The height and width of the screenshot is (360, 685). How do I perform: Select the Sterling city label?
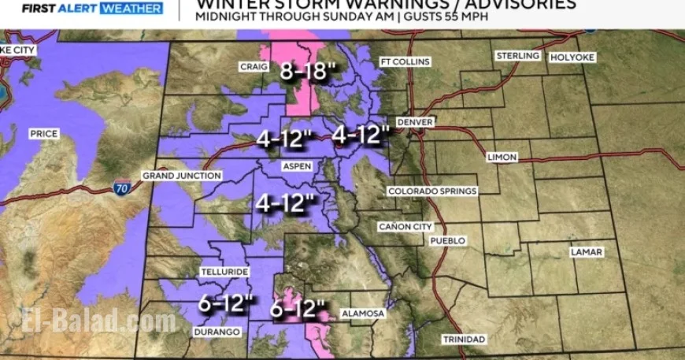(x=517, y=56)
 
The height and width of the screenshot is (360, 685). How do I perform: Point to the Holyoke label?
(x=572, y=58)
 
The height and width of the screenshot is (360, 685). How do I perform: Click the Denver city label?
(x=415, y=122)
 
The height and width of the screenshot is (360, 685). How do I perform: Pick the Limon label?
(x=502, y=158)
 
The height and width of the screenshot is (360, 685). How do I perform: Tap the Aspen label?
(x=298, y=166)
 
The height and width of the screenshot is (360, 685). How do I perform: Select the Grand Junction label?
(x=182, y=176)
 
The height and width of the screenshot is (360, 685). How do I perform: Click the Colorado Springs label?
(x=432, y=191)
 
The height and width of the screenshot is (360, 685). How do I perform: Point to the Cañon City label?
(x=405, y=227)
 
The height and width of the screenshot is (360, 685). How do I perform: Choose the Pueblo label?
(x=448, y=240)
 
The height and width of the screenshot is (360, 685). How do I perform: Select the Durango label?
(x=216, y=332)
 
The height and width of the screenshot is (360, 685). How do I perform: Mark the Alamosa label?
(x=363, y=314)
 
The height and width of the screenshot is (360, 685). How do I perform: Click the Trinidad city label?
(x=464, y=340)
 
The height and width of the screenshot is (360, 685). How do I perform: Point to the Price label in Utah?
(x=43, y=134)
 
